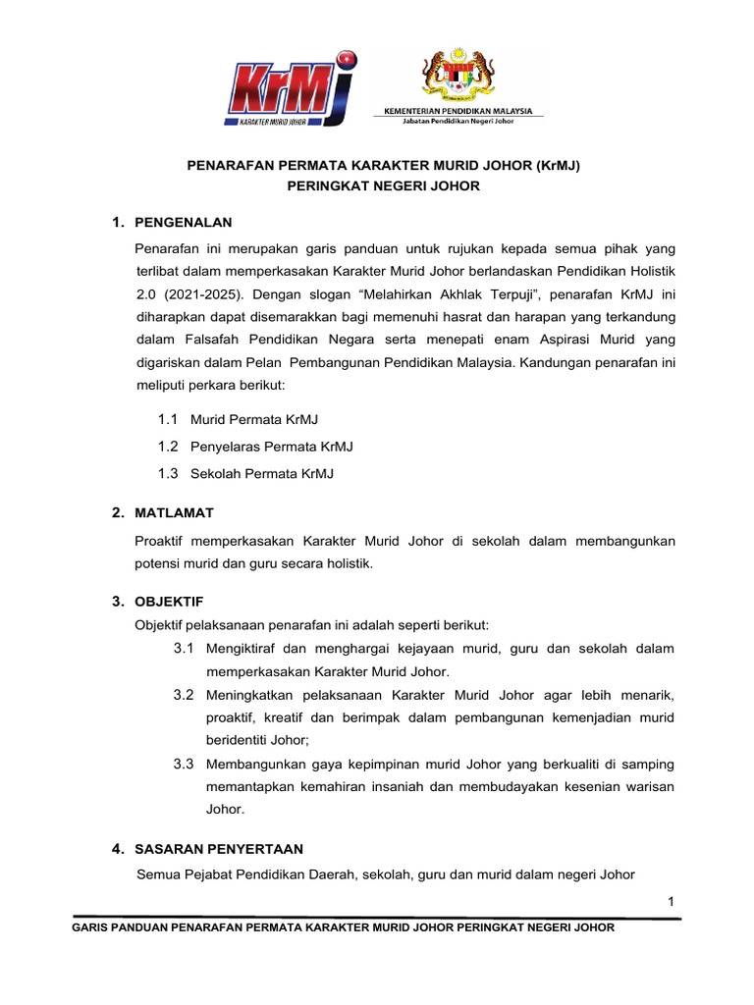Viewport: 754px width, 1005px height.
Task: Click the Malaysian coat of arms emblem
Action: [458, 76]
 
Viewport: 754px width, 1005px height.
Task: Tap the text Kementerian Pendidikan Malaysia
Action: [458, 113]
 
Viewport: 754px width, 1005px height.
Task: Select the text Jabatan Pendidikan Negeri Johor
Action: [458, 123]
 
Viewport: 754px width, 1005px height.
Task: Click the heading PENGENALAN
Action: [184, 222]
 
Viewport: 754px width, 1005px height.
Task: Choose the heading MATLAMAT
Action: [174, 512]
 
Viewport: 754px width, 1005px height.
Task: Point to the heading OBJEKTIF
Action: [169, 601]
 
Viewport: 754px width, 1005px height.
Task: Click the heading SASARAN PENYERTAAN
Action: [219, 848]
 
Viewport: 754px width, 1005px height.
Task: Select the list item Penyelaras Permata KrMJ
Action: [271, 447]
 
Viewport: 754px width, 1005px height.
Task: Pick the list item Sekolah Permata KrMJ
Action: [261, 473]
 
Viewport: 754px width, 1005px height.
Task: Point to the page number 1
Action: [671, 902]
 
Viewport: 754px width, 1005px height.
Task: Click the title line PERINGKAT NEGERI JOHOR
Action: [384, 185]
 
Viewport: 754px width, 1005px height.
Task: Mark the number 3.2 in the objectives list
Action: [184, 695]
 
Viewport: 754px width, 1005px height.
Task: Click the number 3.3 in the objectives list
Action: [184, 764]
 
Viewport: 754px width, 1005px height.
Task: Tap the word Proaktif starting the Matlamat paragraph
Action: [163, 541]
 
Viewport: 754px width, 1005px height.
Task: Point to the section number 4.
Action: [116, 848]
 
